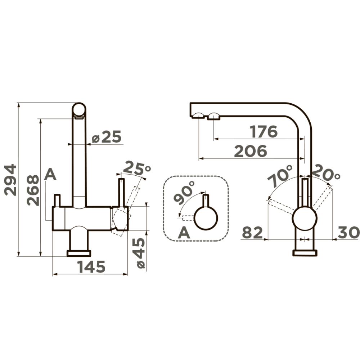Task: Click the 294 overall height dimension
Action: coord(11,180)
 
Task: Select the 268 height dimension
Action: coord(33,190)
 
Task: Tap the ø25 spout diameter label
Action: coord(106,137)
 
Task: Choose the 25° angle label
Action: coord(137,168)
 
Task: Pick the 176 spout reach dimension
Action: coord(264,131)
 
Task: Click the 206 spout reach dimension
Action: coord(251,151)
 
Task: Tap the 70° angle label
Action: coord(280,176)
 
